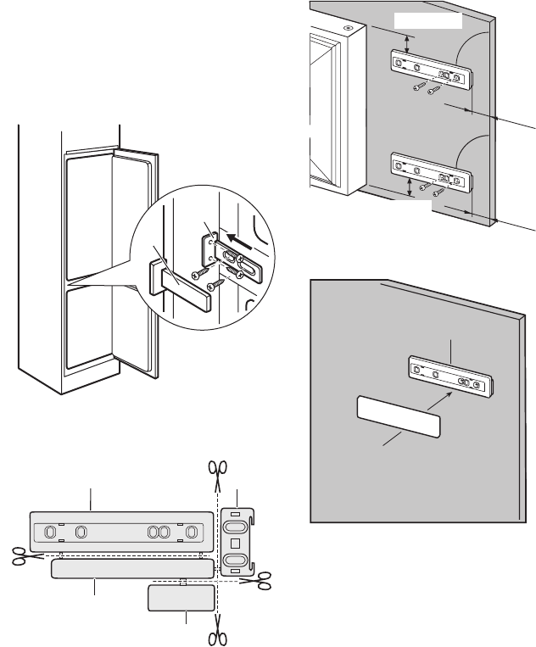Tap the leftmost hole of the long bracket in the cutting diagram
pos(49,533)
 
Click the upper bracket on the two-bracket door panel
pos(430,71)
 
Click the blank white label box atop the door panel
pos(429,20)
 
